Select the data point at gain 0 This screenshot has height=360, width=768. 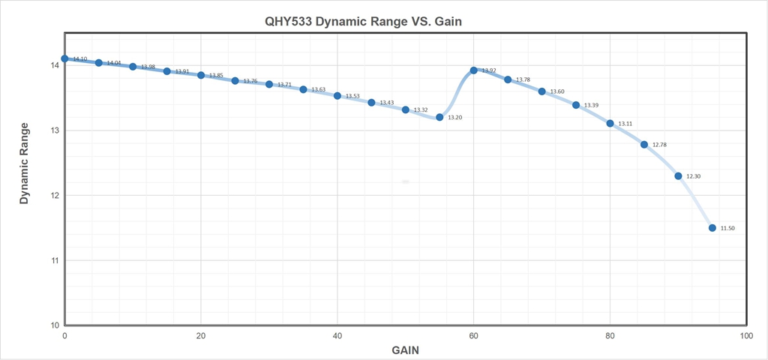point(64,58)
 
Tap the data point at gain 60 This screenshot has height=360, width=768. point(473,70)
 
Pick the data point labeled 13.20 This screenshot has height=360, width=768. point(439,117)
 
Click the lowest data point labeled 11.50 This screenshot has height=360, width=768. point(712,228)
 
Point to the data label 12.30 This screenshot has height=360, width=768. point(694,176)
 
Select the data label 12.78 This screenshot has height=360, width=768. point(660,145)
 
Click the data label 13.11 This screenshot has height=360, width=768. point(625,124)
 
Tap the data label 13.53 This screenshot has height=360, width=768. point(352,97)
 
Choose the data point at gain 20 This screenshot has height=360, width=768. point(201,75)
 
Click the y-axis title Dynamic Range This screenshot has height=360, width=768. point(24,163)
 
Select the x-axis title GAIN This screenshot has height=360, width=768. point(406,350)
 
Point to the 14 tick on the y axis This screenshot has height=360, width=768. point(55,65)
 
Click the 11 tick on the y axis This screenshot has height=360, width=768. point(55,260)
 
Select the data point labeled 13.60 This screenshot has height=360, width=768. point(541,91)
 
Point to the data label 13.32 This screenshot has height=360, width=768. point(421,110)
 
